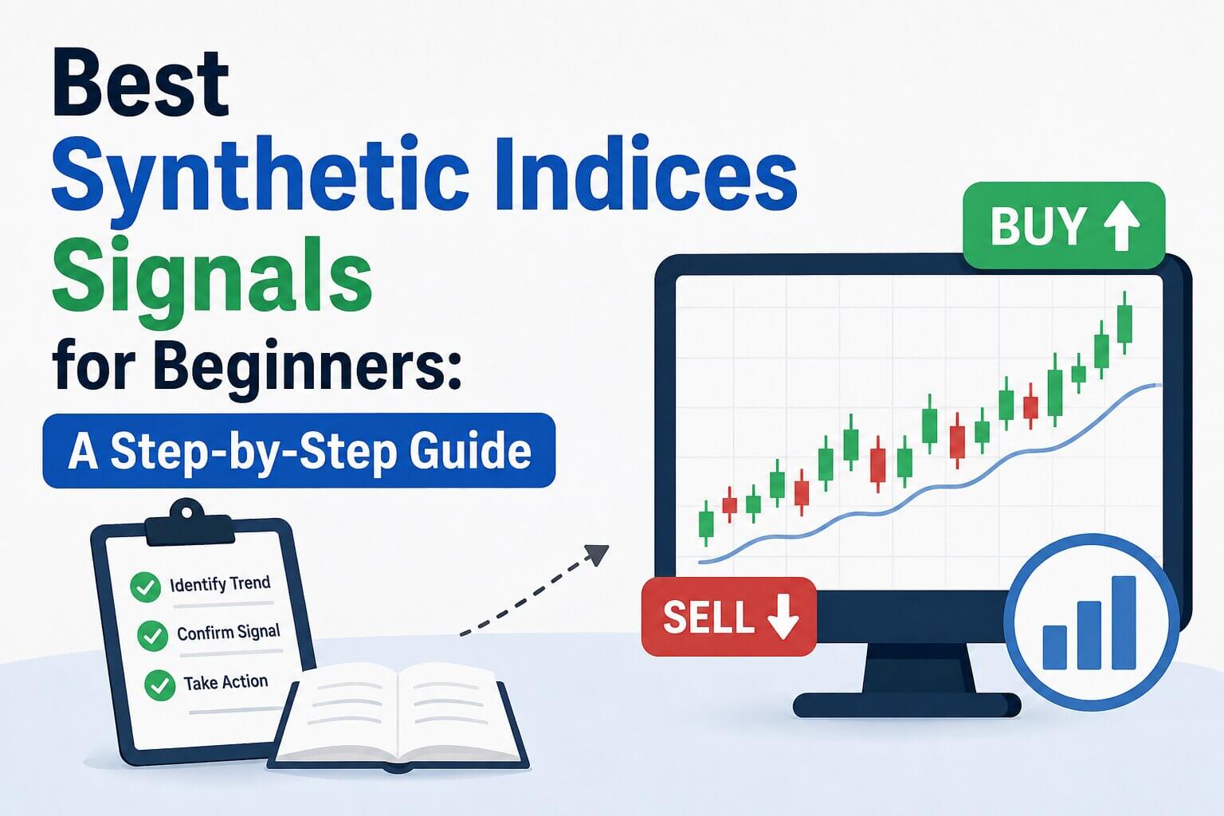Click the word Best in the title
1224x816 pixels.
140,83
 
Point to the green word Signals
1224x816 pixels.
212,279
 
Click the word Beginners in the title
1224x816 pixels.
307,366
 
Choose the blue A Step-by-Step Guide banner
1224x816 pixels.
299,450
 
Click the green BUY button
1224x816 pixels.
1064,226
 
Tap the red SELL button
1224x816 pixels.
729,617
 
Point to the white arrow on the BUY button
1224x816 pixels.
1121,226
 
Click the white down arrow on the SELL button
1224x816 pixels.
783,617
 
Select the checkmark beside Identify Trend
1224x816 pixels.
145,587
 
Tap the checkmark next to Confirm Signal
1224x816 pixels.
152,636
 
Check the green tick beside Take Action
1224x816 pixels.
159,685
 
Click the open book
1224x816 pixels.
399,716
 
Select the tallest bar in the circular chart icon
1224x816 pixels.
1124,622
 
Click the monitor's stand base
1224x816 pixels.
907,705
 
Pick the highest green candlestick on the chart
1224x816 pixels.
1124,323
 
